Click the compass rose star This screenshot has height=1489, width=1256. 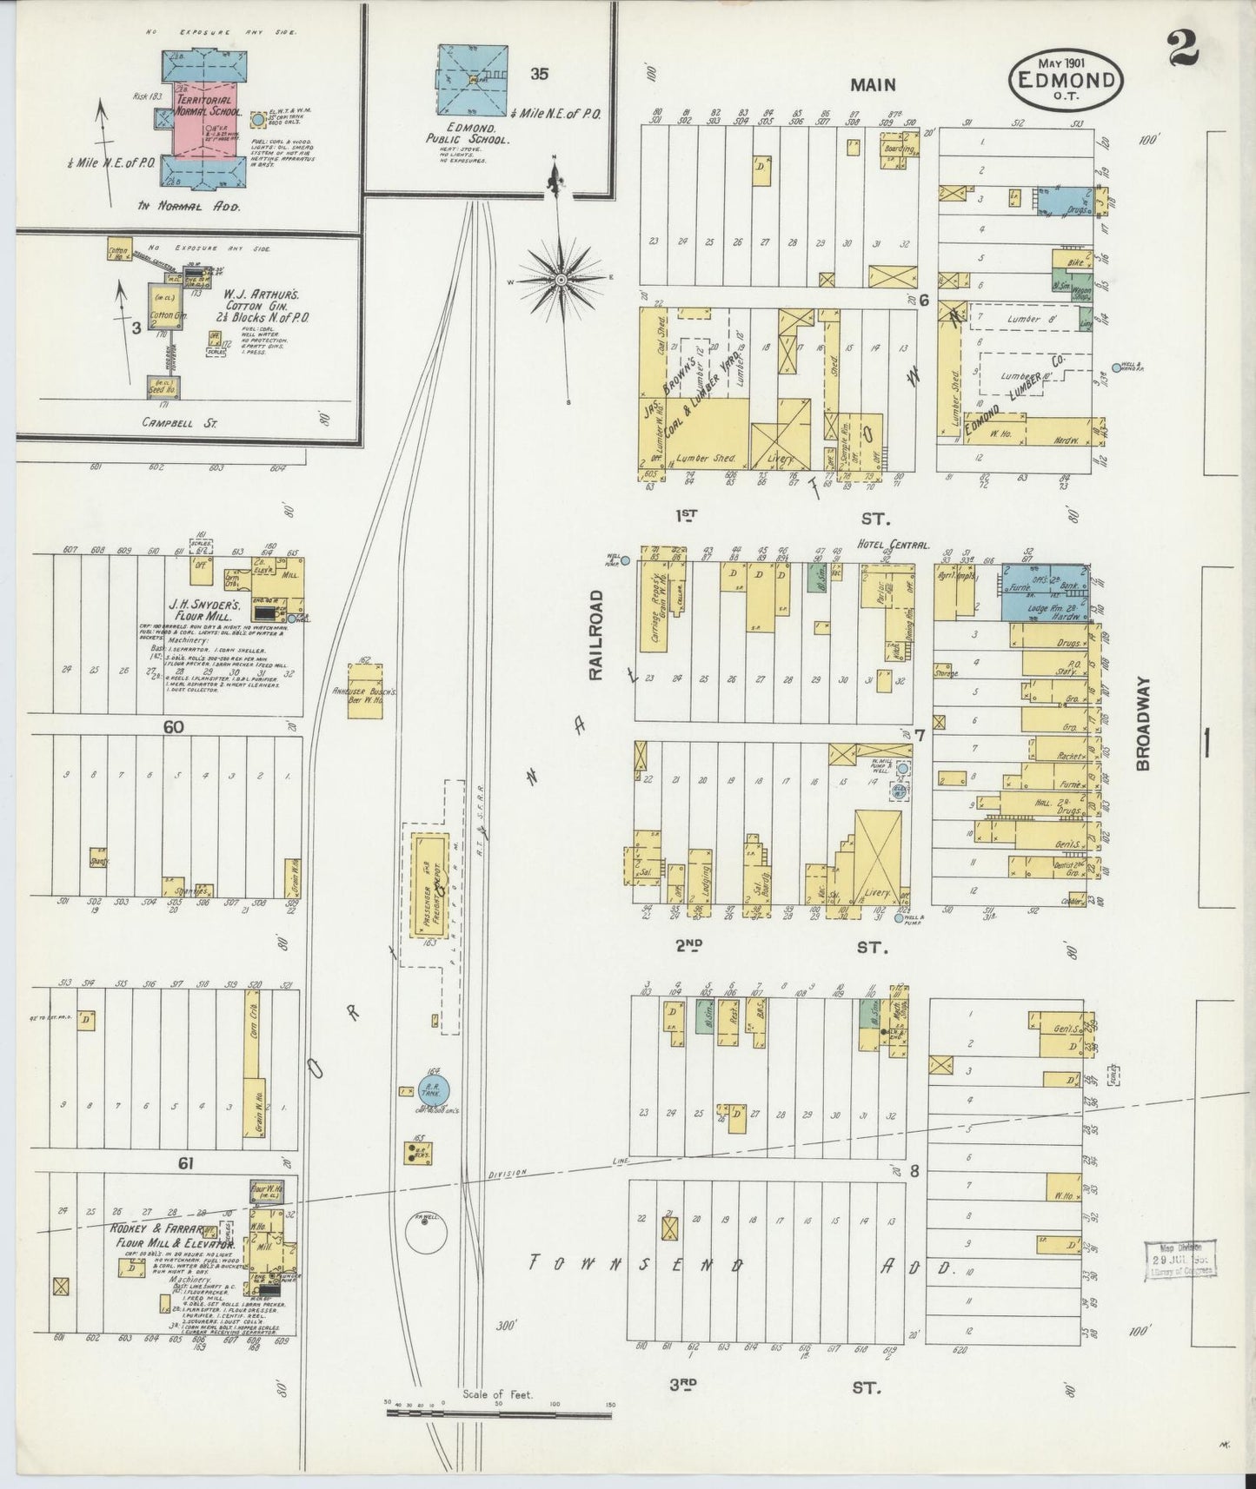(x=562, y=280)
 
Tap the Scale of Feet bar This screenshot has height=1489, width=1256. (x=498, y=1413)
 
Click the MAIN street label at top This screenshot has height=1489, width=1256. (x=872, y=84)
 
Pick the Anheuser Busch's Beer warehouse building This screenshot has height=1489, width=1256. (x=365, y=692)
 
